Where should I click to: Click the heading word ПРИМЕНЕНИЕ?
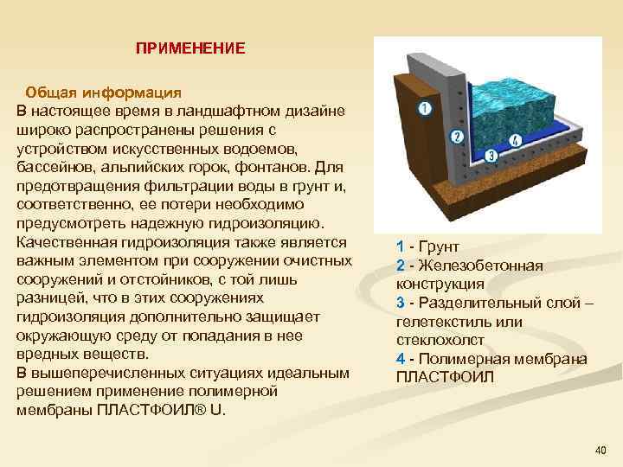pyautogui.click(x=190, y=48)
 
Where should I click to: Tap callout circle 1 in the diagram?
pyautogui.click(x=424, y=109)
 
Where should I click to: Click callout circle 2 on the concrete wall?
pyautogui.click(x=458, y=137)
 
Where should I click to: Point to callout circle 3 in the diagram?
pyautogui.click(x=490, y=157)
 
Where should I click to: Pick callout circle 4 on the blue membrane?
pyautogui.click(x=517, y=139)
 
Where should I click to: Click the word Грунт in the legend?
pyautogui.click(x=440, y=246)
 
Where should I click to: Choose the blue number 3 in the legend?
pyautogui.click(x=401, y=303)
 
